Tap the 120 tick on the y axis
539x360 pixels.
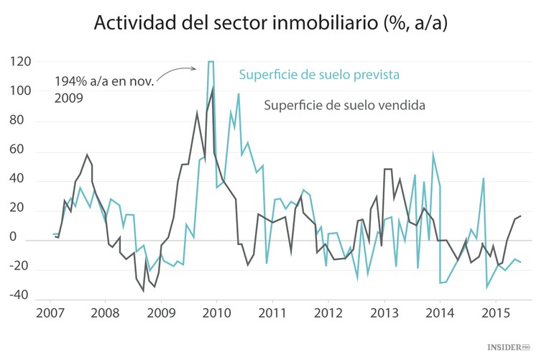[x=21, y=63]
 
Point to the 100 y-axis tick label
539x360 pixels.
[x=21, y=92]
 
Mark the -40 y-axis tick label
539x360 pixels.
[x=20, y=295]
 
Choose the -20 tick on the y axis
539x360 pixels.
[x=20, y=266]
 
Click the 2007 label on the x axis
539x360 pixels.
[x=50, y=313]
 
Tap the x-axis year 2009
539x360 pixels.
[x=162, y=313]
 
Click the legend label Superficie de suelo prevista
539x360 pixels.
[x=319, y=75]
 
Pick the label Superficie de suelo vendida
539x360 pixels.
[x=345, y=105]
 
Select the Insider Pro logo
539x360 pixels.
[x=511, y=348]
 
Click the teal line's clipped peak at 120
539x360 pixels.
[x=211, y=62]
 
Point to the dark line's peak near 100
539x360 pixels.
[x=213, y=88]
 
